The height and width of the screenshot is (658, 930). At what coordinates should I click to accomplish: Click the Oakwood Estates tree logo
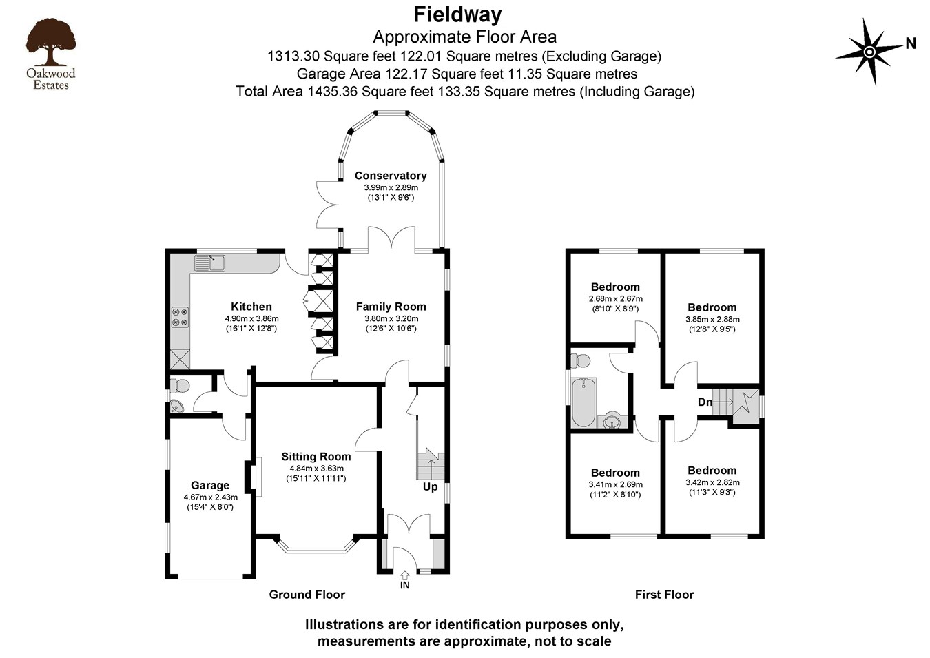click(x=50, y=43)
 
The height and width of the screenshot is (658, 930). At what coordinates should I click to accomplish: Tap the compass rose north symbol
click(x=869, y=52)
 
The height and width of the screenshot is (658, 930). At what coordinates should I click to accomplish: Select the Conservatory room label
click(x=391, y=176)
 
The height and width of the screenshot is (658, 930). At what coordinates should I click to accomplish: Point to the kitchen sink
click(x=209, y=263)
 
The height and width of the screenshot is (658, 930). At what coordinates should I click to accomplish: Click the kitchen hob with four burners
click(x=180, y=317)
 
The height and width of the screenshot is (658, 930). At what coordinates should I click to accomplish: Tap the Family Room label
click(x=391, y=307)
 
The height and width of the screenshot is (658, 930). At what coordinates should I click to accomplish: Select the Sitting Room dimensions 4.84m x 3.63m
click(x=316, y=469)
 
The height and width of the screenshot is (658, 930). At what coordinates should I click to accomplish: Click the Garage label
click(x=210, y=485)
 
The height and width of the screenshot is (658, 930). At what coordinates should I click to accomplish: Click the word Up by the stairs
click(x=430, y=487)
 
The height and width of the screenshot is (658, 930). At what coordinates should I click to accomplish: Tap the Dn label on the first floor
click(x=705, y=402)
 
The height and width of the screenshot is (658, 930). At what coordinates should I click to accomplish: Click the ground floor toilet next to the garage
click(x=180, y=385)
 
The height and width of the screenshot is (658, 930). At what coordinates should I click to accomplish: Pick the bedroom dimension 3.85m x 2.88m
click(x=712, y=319)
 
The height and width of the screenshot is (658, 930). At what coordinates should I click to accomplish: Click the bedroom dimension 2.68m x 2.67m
click(x=615, y=298)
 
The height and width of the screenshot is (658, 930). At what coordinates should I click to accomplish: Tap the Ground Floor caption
click(x=307, y=595)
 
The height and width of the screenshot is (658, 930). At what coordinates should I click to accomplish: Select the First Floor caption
click(x=664, y=595)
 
